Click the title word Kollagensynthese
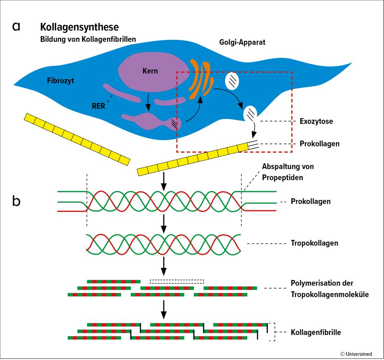pyautogui.click(x=79, y=27)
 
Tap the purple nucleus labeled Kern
pyautogui.click(x=150, y=71)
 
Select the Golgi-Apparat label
pyautogui.click(x=242, y=42)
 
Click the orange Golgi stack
pyautogui.click(x=201, y=79)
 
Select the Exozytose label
pyautogui.click(x=316, y=121)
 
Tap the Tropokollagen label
pyautogui.click(x=314, y=243)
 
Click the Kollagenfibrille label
pyautogui.click(x=316, y=332)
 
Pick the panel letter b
pyautogui.click(x=16, y=201)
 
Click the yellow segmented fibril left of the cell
pyautogui.click(x=76, y=139)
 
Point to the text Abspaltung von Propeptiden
pyautogui.click(x=288, y=171)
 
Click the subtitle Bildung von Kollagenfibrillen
pyautogui.click(x=88, y=39)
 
